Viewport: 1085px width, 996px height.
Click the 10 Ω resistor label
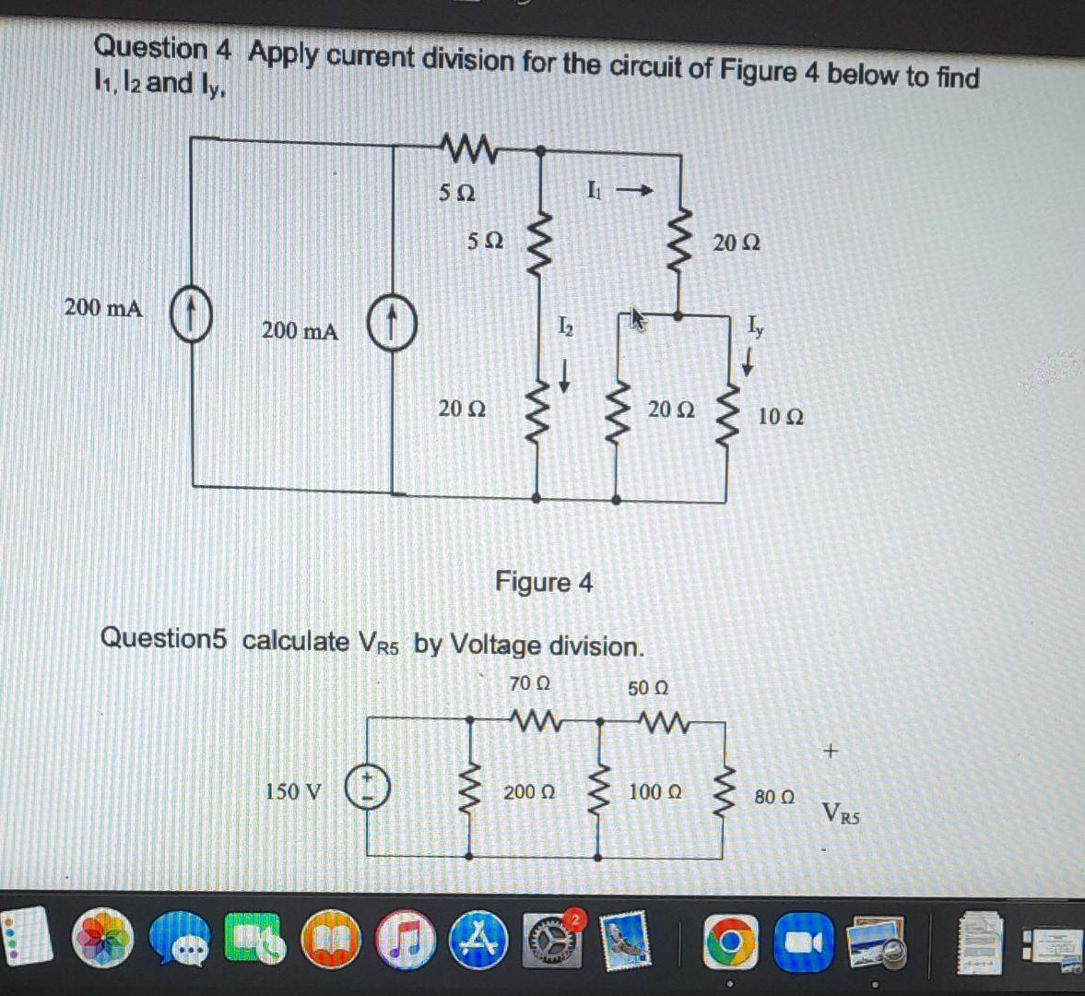click(x=780, y=417)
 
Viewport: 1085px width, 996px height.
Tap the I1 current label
click(x=596, y=192)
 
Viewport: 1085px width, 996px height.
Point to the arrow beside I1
click(x=635, y=192)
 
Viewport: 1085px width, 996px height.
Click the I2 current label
click(x=565, y=326)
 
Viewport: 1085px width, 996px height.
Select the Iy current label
click(x=755, y=325)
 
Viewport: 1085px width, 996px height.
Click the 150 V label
click(x=293, y=791)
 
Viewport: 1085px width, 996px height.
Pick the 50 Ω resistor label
click(x=648, y=688)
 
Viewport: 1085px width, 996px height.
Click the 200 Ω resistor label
click(x=529, y=791)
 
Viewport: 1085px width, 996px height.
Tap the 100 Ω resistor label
click(x=655, y=791)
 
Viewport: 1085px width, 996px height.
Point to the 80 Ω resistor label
click(x=774, y=795)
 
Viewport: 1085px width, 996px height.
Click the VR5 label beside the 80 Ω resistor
click(x=842, y=813)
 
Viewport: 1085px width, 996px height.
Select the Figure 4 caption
click(x=544, y=582)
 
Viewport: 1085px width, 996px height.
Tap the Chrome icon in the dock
click(x=731, y=942)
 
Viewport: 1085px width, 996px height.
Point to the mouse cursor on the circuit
click(x=638, y=319)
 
